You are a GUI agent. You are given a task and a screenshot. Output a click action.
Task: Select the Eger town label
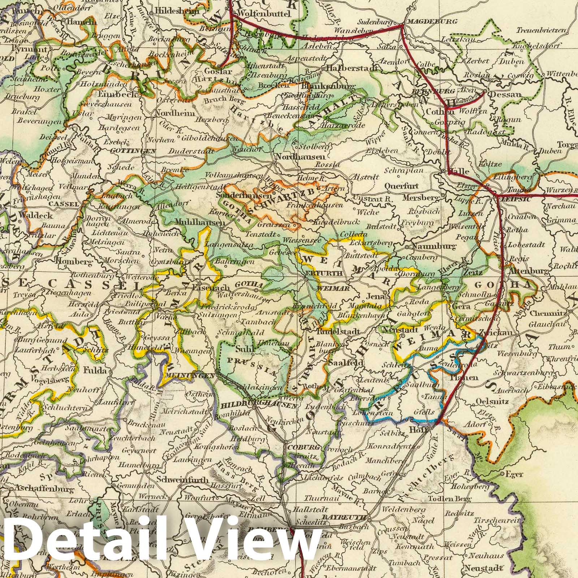coord(514,474)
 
